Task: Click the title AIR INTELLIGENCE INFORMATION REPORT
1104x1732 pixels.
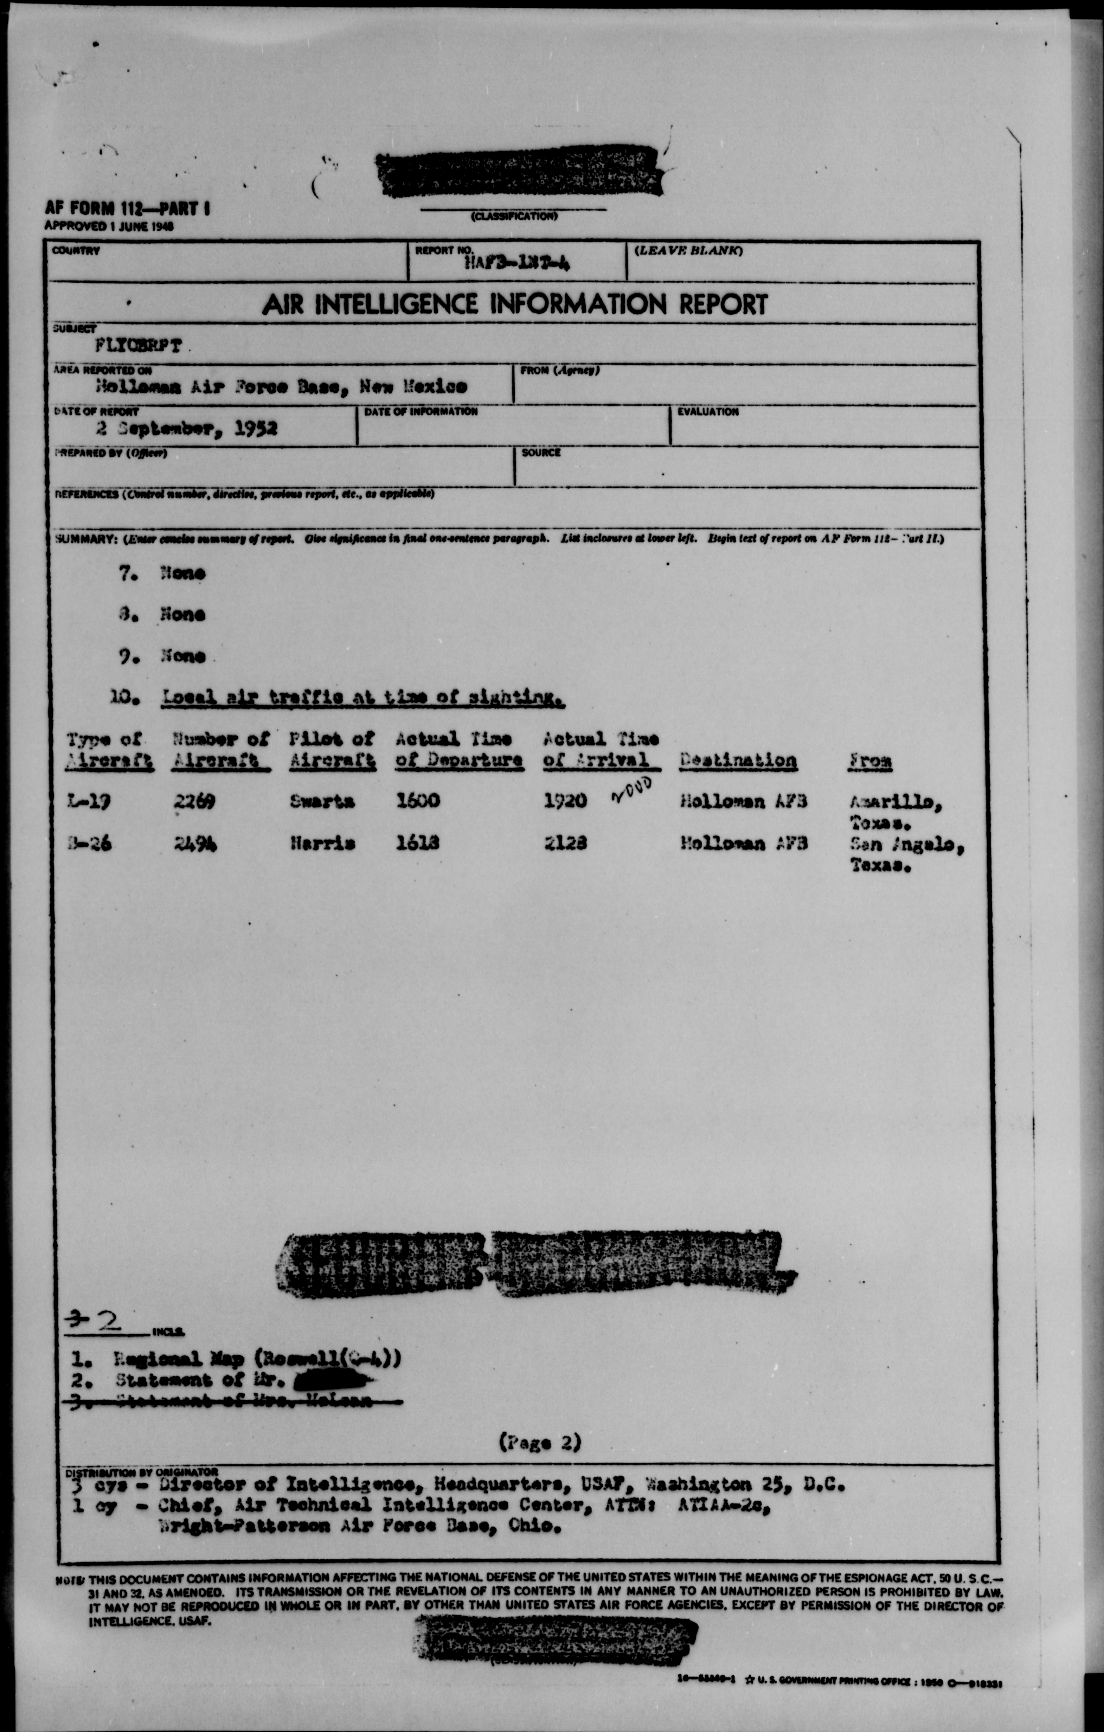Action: click(x=514, y=304)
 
